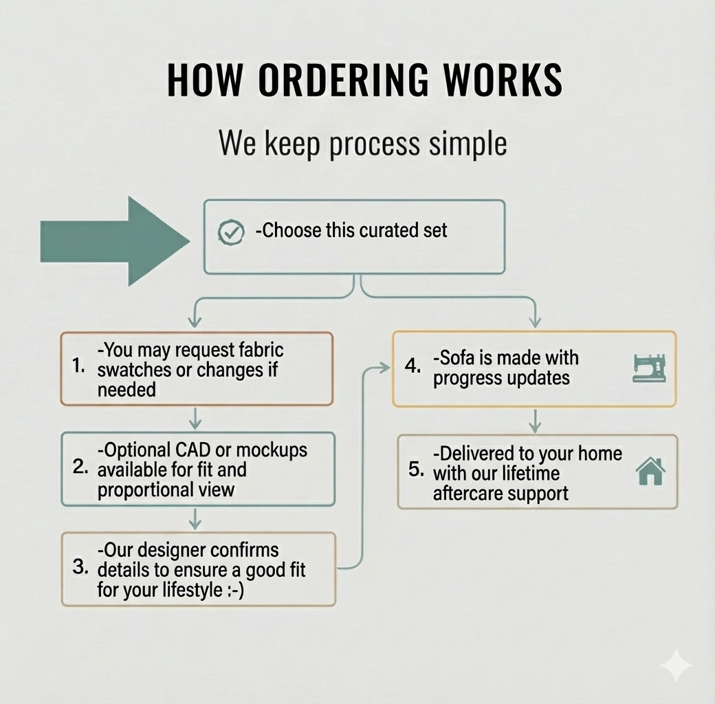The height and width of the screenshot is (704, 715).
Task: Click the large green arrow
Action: tap(115, 241)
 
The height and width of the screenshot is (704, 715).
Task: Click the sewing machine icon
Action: tap(649, 368)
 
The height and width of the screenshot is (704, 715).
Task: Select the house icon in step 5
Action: tap(650, 472)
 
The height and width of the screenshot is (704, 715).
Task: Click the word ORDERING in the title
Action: tap(344, 80)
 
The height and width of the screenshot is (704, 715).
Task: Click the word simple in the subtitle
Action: tap(468, 144)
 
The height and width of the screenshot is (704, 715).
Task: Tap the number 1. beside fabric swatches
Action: tap(78, 365)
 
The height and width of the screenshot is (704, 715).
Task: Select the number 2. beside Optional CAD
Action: tap(80, 466)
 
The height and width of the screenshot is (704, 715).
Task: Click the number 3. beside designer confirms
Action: tap(80, 566)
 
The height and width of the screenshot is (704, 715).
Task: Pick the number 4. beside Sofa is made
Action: tap(412, 366)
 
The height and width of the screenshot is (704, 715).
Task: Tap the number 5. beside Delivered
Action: tap(417, 469)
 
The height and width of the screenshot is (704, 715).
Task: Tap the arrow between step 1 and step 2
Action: tap(195, 419)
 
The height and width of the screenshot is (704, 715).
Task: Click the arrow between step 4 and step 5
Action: tap(535, 421)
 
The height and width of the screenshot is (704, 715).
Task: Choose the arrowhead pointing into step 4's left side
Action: tap(385, 368)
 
